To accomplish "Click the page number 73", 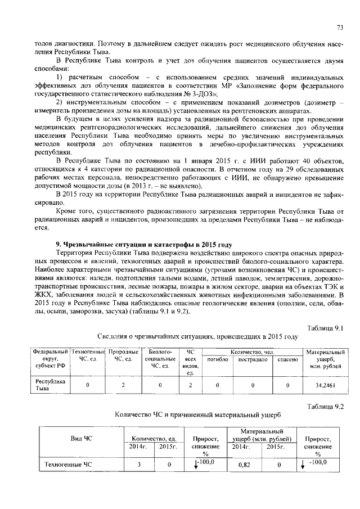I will pyautogui.click(x=340, y=28).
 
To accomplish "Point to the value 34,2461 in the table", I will pyautogui.click(x=325, y=386).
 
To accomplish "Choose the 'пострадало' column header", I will pyautogui.click(x=253, y=359).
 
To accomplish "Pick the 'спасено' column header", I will pyautogui.click(x=287, y=359).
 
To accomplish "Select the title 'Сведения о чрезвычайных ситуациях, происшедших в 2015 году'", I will pyautogui.click(x=193, y=337).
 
